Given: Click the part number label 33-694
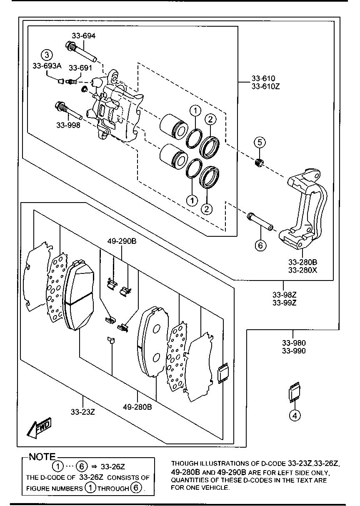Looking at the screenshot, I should [83, 36].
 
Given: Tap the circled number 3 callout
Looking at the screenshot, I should [47, 55].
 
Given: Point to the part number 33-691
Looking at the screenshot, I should [80, 68].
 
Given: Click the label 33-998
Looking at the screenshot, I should [69, 124].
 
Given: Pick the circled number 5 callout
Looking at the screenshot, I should [259, 143].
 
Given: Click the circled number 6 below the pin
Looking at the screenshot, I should [260, 245].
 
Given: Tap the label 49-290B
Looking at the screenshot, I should [122, 241].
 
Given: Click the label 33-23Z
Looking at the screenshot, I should [83, 412].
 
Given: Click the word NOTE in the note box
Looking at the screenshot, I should [42, 457].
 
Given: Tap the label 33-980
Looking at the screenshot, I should [293, 343].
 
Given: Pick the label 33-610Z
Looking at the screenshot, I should [263, 87].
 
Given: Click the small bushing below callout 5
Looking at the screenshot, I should [259, 163].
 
